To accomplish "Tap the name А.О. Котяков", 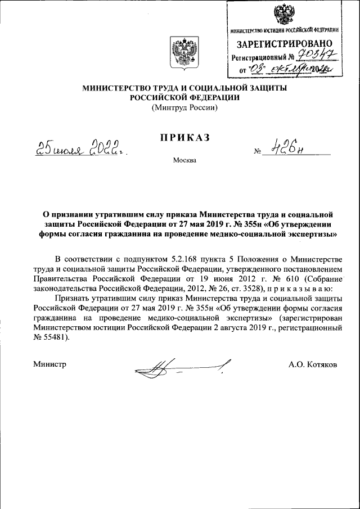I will tap(313, 364).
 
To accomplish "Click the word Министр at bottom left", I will tap(50, 364).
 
